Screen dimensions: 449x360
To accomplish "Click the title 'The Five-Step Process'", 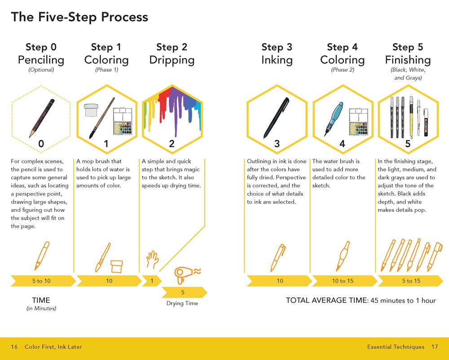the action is (79, 17).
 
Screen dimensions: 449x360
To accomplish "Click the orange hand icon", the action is (152, 259).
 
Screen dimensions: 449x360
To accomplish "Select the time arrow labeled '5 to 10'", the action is (41, 281).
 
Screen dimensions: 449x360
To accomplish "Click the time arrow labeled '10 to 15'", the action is (343, 281).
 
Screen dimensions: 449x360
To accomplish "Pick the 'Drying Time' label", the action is (182, 303).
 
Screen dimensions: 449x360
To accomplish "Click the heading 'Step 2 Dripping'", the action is (172, 54).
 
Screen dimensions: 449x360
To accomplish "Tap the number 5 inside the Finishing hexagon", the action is (408, 144).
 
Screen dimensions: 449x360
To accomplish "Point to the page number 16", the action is (14, 347).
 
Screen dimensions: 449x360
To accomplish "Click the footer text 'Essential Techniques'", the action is (396, 347).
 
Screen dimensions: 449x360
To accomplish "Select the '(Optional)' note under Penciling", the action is (41, 70).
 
